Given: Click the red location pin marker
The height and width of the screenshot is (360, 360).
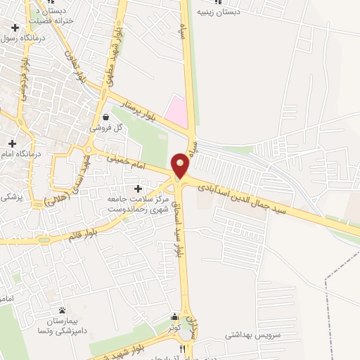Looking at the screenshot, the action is tap(181, 165).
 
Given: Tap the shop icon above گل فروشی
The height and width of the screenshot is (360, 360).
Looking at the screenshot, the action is tap(105, 117).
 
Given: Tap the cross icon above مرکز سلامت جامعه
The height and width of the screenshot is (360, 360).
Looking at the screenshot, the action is tap(137, 188).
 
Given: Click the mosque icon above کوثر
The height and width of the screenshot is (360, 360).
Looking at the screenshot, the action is tap(174, 317).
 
